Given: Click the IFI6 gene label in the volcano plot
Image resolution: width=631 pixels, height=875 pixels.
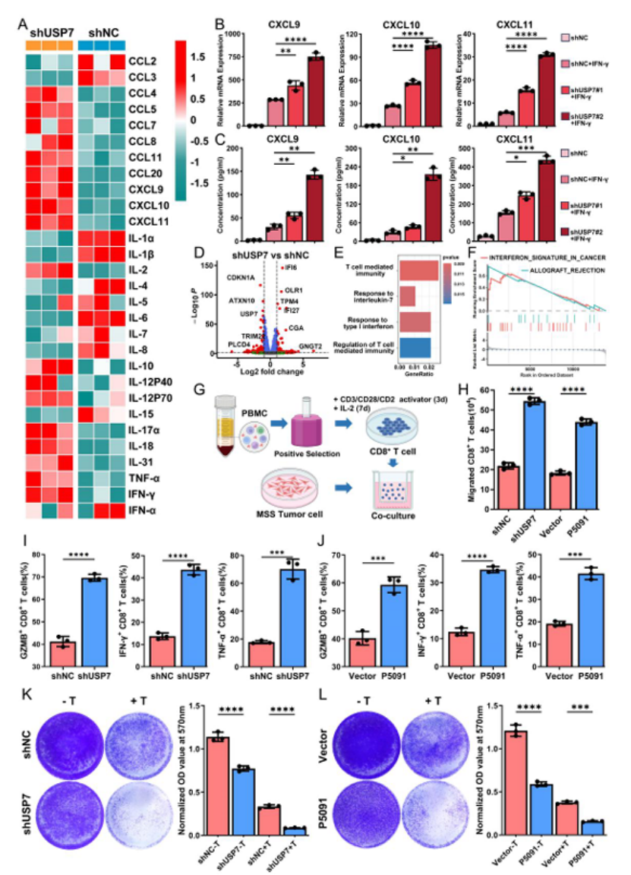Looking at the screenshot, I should coord(291,268).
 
